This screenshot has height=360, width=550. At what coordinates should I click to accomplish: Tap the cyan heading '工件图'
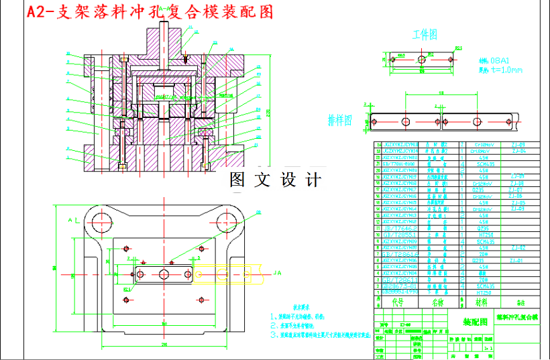[425, 34]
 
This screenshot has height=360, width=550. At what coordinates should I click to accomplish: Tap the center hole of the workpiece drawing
[421, 60]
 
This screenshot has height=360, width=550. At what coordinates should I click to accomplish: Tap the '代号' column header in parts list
[397, 302]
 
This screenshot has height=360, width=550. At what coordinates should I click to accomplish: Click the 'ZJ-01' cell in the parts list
[517, 260]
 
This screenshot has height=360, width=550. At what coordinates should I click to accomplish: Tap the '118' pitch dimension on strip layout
[441, 93]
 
